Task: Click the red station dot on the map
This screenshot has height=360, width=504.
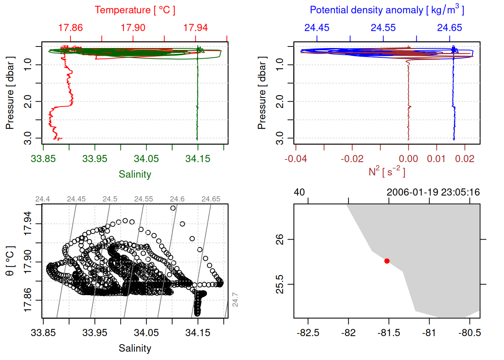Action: pos(387,261)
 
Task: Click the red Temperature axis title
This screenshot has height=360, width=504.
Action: pos(135,10)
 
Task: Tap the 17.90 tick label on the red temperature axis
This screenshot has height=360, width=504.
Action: pos(133,28)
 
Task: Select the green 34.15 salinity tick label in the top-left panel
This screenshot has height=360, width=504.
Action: pos(198,159)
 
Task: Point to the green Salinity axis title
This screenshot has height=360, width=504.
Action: pos(135,174)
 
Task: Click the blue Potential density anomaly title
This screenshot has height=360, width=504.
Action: pos(387,10)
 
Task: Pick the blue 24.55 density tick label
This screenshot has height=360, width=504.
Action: pos(383,28)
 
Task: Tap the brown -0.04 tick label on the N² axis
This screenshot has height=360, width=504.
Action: pos(295,159)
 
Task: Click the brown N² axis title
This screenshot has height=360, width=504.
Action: pos(387,171)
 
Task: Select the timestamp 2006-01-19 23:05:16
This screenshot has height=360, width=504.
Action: pos(433,192)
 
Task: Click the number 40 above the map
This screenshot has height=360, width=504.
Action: pos(299,192)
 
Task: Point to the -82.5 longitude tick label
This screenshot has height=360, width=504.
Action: pos(308,333)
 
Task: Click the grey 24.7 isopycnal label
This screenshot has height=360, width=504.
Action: pos(235,300)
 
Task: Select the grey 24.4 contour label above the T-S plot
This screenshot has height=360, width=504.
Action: pos(42,199)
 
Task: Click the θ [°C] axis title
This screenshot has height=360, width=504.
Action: pos(10,261)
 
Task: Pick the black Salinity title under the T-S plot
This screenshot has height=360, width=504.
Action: pos(135,348)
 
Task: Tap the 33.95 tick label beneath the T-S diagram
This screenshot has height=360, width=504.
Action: pos(94,333)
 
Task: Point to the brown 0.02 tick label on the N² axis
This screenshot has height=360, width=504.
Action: pos(465,159)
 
